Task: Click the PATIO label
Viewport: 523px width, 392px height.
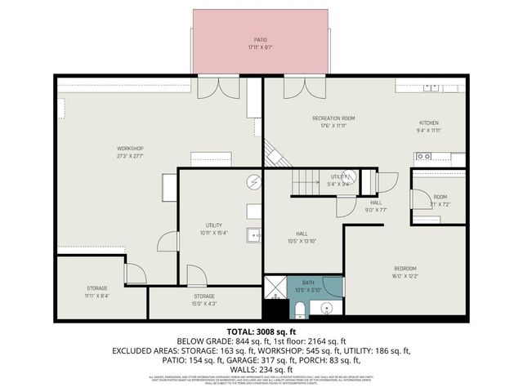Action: pyautogui.click(x=260, y=39)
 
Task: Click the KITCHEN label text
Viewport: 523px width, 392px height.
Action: pyautogui.click(x=429, y=122)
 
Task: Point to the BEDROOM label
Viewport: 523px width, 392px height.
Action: pyautogui.click(x=405, y=269)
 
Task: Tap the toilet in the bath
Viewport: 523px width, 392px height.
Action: pyautogui.click(x=299, y=309)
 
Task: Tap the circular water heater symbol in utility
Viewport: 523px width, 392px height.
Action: pyautogui.click(x=254, y=182)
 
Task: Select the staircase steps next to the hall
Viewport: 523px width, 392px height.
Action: pyautogui.click(x=306, y=184)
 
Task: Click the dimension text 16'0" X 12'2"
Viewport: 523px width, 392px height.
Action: pyautogui.click(x=405, y=276)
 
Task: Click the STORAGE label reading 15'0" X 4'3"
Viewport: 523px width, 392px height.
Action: pyautogui.click(x=203, y=296)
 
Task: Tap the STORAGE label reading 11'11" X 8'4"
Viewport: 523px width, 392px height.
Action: pyautogui.click(x=97, y=288)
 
